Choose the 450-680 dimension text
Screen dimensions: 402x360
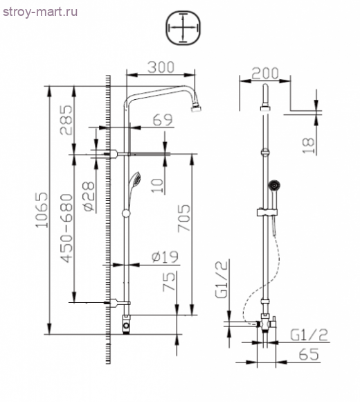pyautogui.click(x=67, y=227)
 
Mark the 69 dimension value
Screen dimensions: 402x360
pyautogui.click(x=162, y=120)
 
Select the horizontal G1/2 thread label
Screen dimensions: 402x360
pyautogui.click(x=308, y=335)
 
